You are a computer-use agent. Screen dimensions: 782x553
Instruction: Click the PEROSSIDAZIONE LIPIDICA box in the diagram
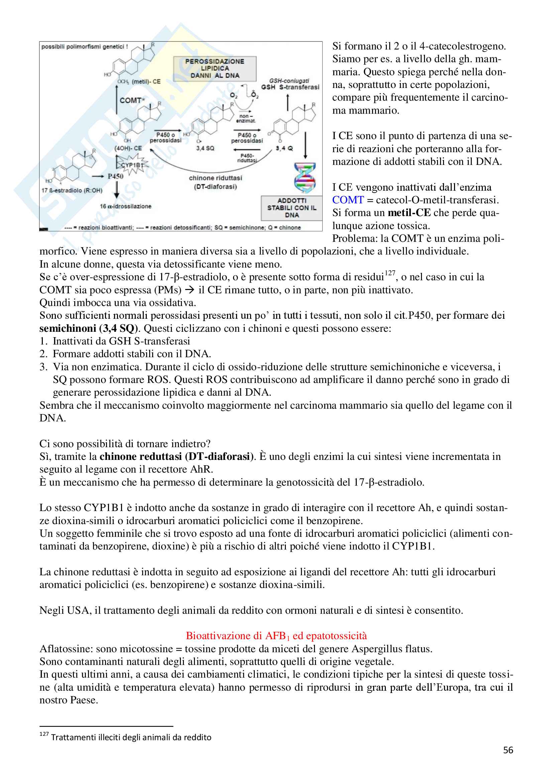click(215, 69)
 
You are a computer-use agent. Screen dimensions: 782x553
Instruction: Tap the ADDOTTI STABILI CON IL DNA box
click(292, 208)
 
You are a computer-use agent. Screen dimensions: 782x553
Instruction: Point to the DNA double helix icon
click(305, 178)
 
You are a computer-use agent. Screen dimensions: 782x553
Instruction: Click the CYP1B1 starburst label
click(132, 165)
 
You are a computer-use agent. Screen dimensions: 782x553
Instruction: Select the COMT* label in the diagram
click(132, 100)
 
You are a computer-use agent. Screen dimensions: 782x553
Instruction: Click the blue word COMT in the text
click(348, 200)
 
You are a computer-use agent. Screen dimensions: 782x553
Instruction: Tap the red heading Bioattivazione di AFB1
click(276, 636)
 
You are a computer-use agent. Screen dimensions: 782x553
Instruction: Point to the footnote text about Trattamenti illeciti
click(131, 737)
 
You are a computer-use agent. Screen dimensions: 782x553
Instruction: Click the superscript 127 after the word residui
click(390, 273)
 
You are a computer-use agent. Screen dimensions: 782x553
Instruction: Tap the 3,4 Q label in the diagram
click(284, 149)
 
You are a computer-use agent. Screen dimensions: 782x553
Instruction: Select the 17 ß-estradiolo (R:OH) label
click(72, 190)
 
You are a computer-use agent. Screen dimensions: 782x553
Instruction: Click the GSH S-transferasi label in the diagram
click(290, 87)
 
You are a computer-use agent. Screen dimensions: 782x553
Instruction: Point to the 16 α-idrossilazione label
click(125, 206)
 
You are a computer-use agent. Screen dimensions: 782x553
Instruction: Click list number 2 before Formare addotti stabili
click(43, 354)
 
